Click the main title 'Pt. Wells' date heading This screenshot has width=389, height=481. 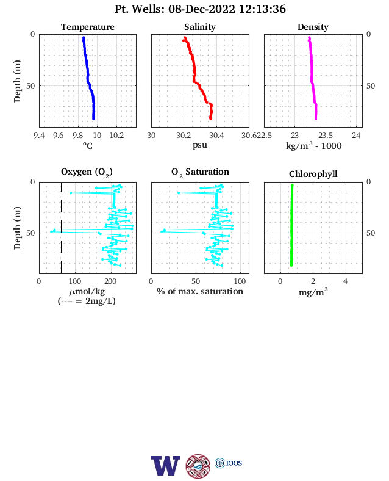pyautogui.click(x=200, y=9)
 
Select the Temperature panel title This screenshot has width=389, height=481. pyautogui.click(x=88, y=27)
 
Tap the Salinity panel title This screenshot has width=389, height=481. pyautogui.click(x=200, y=27)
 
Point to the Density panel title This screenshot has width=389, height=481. pyautogui.click(x=313, y=27)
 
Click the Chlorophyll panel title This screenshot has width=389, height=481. pyautogui.click(x=313, y=174)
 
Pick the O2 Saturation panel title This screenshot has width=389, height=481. pyautogui.click(x=200, y=172)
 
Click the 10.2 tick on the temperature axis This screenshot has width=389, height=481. pyautogui.click(x=116, y=136)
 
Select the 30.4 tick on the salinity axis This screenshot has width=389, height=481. pyautogui.click(x=216, y=136)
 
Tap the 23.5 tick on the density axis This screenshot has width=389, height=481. pyautogui.click(x=326, y=136)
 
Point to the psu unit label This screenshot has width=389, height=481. pyautogui.click(x=200, y=145)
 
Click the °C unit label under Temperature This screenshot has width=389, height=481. pyautogui.click(x=88, y=145)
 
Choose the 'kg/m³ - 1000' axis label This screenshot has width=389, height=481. pyautogui.click(x=313, y=145)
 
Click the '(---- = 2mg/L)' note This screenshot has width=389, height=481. pyautogui.click(x=87, y=301)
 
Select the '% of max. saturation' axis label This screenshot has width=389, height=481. pyautogui.click(x=200, y=291)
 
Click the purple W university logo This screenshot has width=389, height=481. pyautogui.click(x=166, y=465)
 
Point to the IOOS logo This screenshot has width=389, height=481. pyautogui.click(x=229, y=463)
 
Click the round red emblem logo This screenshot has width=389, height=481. pyautogui.click(x=198, y=466)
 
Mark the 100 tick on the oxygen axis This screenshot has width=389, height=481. pyautogui.click(x=75, y=281)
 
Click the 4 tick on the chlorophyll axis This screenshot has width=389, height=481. pyautogui.click(x=346, y=281)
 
